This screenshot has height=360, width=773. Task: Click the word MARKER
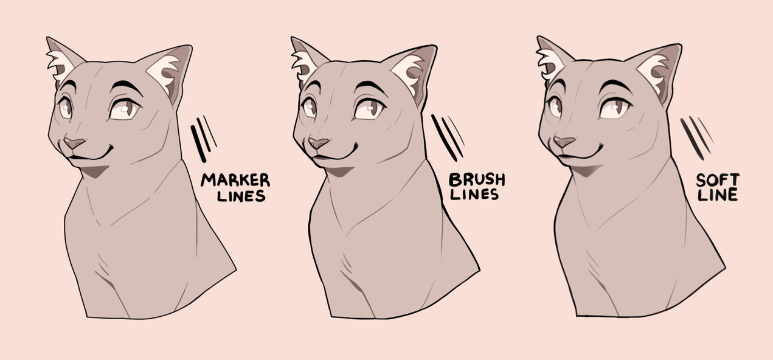pos(235,180)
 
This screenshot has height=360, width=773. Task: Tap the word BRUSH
pos(477,179)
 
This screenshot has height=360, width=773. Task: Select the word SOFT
pos(718,180)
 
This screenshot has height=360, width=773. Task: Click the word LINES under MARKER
pos(241,196)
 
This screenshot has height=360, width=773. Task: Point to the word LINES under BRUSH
pos(474,195)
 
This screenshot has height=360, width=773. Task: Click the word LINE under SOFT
pos(717,195)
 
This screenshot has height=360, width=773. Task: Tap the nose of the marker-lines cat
pos(74,142)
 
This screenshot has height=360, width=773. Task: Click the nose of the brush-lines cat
pos(318,142)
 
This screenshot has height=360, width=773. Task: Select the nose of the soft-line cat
pos(564,142)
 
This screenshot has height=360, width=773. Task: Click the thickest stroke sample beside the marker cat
pos(198,144)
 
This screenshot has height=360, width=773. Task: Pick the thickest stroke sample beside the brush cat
pos(444,138)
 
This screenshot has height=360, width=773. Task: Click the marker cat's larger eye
pos(125,109)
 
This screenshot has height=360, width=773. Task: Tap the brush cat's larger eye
pos(370,109)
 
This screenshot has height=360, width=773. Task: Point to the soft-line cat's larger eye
pos(615,108)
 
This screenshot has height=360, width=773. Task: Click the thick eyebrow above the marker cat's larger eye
pos(127,86)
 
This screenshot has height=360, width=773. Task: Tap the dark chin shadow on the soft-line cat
pos(584,170)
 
